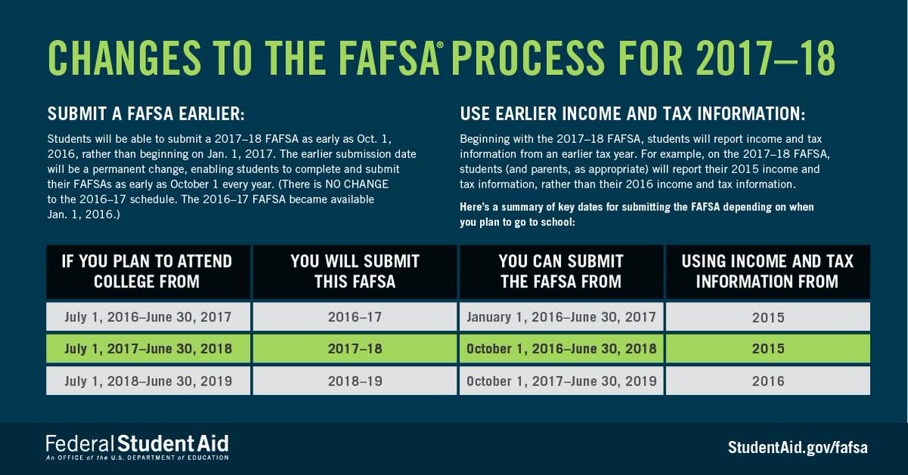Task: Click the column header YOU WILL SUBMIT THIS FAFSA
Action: (354, 272)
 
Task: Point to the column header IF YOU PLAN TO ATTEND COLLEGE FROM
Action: (147, 272)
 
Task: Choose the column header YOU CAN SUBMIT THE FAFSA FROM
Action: (561, 272)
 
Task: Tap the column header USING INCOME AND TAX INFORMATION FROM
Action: (767, 272)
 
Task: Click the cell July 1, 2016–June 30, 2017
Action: (147, 317)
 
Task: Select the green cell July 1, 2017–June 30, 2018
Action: (147, 349)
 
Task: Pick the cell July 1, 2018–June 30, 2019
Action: (147, 381)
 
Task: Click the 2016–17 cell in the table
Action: (354, 317)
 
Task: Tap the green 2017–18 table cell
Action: (354, 349)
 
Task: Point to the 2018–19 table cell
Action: (354, 381)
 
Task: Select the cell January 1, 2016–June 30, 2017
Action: (561, 317)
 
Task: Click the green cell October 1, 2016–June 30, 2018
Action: (561, 349)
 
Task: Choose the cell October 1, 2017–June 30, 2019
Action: (561, 381)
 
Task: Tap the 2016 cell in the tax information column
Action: (767, 381)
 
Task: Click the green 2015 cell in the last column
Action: (767, 349)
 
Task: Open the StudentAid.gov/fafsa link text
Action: (797, 447)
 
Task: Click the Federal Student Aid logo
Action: (137, 447)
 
